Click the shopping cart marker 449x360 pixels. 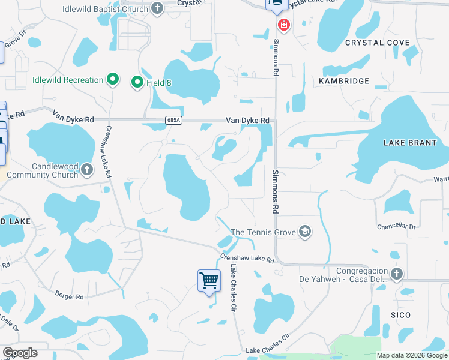click(x=209, y=280)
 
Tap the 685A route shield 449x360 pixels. click(x=173, y=121)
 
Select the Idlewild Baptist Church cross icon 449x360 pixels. click(x=157, y=8)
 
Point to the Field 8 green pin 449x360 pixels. click(x=137, y=82)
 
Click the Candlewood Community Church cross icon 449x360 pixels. click(x=87, y=169)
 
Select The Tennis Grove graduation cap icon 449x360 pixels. click(x=305, y=232)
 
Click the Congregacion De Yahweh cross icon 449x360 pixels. click(x=396, y=274)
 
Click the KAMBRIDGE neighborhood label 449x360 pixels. click(x=344, y=80)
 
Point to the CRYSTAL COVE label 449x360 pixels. click(x=378, y=43)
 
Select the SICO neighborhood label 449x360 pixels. click(x=400, y=315)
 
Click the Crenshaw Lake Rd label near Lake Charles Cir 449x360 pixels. click(x=247, y=259)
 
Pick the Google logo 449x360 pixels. click(x=20, y=352)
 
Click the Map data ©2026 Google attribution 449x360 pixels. click(x=412, y=355)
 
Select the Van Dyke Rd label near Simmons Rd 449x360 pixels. click(x=247, y=121)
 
